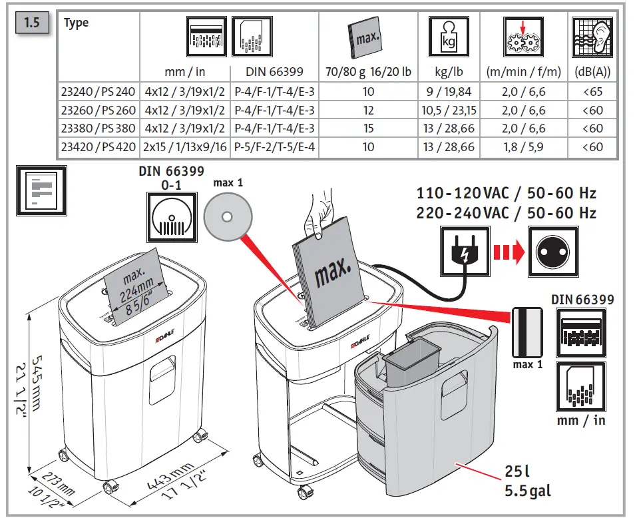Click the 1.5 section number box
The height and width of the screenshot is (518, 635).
click(x=32, y=23)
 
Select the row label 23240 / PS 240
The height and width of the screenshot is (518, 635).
click(x=99, y=91)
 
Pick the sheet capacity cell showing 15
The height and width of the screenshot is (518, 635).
click(x=368, y=129)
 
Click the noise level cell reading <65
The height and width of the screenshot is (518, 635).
click(x=592, y=91)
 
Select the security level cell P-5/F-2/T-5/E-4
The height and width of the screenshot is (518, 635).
click(x=274, y=147)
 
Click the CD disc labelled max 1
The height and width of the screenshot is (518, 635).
click(x=228, y=217)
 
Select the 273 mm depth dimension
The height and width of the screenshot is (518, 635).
click(x=58, y=482)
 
